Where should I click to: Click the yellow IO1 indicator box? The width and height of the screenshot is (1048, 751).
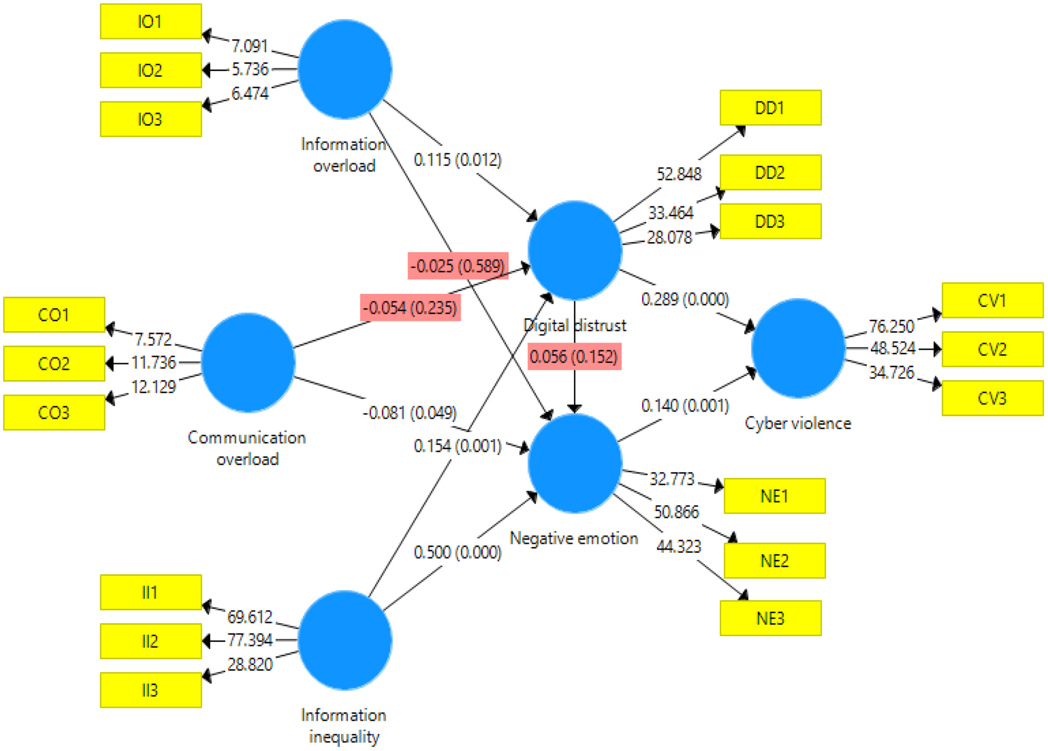click(x=151, y=21)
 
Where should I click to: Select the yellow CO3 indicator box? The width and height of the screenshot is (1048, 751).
click(x=54, y=412)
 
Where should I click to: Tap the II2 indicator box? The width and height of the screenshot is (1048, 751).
click(x=151, y=641)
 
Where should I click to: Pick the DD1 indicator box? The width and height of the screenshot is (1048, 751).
click(x=770, y=108)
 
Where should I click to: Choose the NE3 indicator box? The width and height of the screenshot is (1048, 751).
click(x=770, y=618)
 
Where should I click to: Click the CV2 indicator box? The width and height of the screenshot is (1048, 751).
click(x=992, y=349)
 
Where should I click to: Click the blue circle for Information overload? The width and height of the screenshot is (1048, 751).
click(x=344, y=69)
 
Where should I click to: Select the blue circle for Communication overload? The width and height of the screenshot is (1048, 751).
click(x=248, y=362)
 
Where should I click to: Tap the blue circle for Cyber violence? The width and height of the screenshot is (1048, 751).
click(x=797, y=348)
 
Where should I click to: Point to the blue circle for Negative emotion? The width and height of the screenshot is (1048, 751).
click(x=574, y=463)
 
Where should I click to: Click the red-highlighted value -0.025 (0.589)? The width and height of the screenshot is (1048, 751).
click(x=457, y=266)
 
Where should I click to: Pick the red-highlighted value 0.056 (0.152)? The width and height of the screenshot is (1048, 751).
click(x=574, y=357)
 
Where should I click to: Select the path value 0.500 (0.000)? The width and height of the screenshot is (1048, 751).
click(x=457, y=552)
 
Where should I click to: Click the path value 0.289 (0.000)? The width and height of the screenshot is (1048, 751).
click(x=685, y=300)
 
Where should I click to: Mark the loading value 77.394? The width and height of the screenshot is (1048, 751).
click(x=249, y=640)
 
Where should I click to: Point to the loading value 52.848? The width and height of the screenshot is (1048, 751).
click(x=678, y=174)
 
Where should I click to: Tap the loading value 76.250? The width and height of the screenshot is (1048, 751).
click(x=891, y=327)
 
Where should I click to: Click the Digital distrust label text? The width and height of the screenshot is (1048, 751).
click(x=574, y=326)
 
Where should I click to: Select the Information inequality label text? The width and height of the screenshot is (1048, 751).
click(x=344, y=725)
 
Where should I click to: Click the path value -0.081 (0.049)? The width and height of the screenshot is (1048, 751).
click(x=409, y=413)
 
